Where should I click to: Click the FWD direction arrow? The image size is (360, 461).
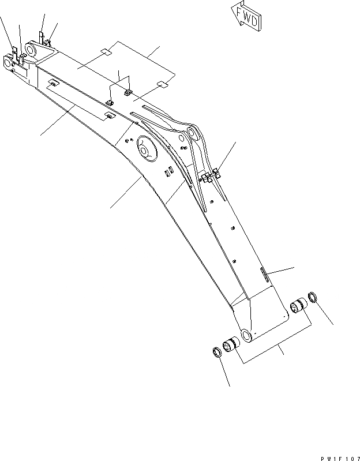(x=245, y=16)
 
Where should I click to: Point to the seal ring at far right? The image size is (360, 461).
(x=314, y=298)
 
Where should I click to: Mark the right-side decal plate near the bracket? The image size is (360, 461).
(x=162, y=85)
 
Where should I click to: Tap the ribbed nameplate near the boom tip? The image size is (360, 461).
(x=265, y=275)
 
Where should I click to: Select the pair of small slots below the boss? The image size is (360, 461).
(x=168, y=171)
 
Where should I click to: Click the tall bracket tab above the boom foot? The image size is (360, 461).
(x=42, y=37)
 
